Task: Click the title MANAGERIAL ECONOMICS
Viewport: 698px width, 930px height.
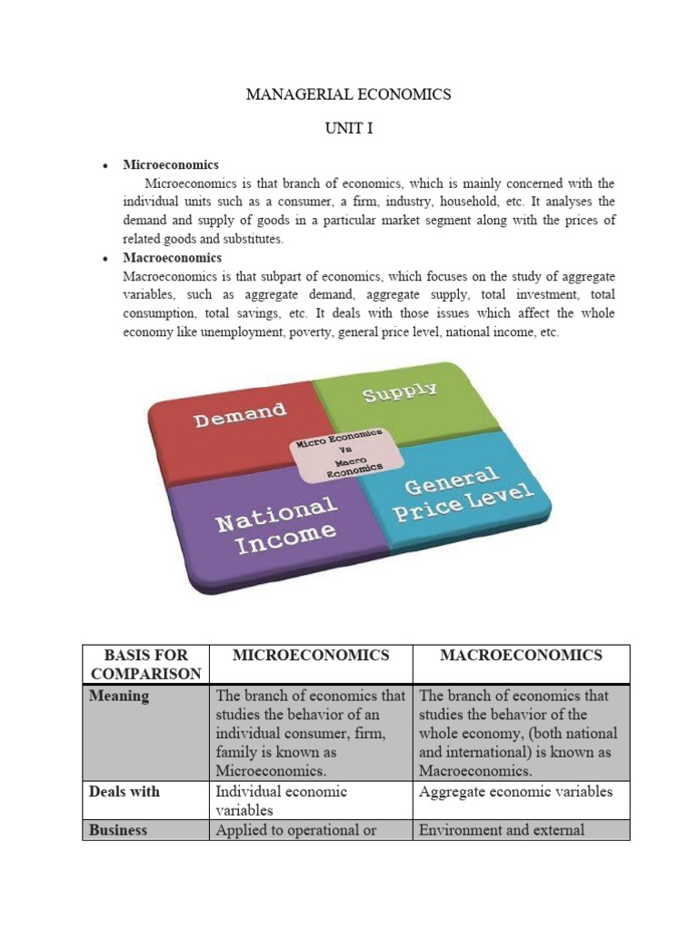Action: click(348, 94)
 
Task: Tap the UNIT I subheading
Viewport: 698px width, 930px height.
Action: click(348, 129)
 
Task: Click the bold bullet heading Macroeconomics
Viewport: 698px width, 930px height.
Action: click(172, 258)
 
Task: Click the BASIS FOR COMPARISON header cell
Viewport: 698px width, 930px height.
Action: click(145, 664)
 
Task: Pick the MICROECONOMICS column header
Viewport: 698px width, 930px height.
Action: click(311, 655)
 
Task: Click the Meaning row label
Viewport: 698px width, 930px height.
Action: click(119, 697)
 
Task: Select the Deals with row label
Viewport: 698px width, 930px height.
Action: click(124, 792)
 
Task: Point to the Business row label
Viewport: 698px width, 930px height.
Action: click(118, 830)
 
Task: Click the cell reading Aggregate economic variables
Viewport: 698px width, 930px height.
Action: click(515, 792)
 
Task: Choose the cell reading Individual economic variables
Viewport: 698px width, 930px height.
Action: click(281, 800)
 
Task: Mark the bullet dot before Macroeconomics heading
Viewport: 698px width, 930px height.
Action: click(106, 259)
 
